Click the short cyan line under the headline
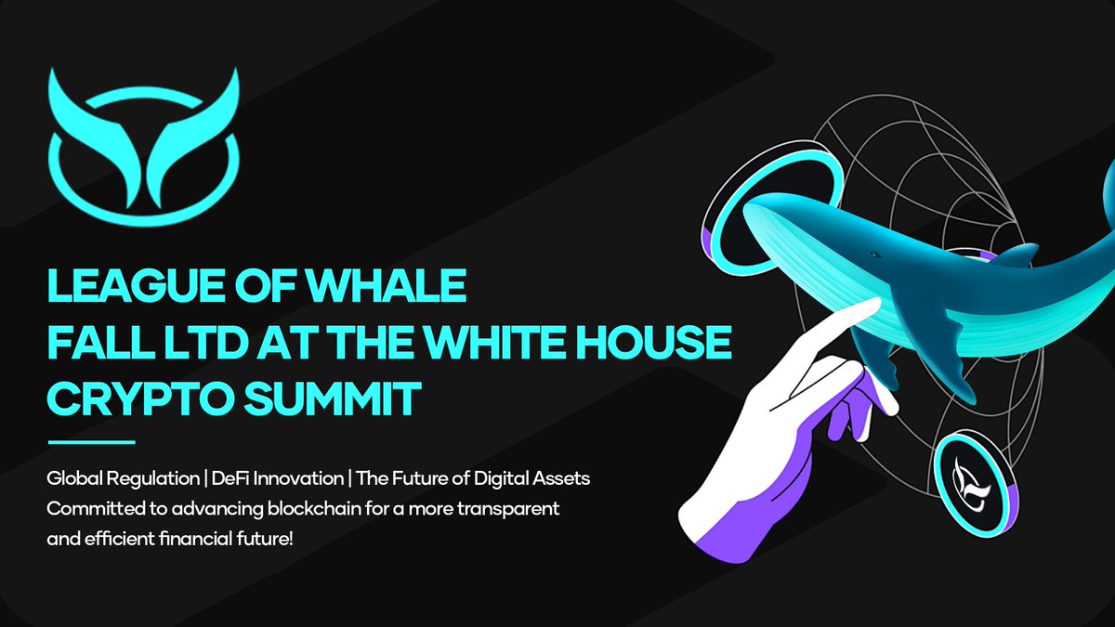[x=91, y=442]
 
